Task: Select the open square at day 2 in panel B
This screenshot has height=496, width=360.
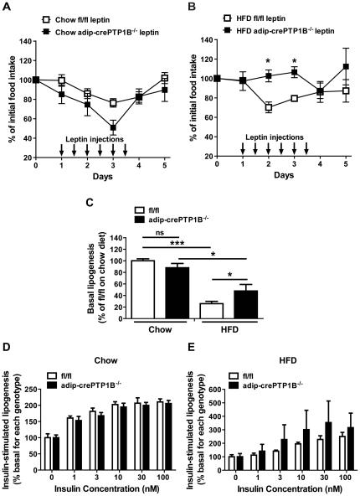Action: coord(268,107)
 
